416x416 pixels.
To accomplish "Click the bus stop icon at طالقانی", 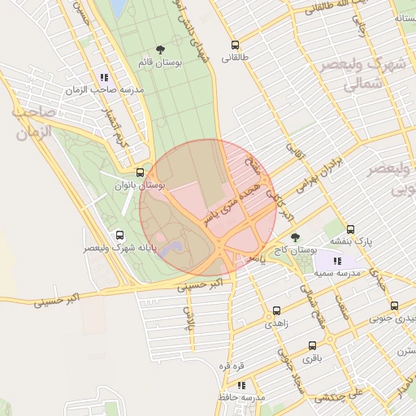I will (236, 45).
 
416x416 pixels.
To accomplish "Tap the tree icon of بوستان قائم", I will (159, 50).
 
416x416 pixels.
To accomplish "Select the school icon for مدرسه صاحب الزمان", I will (103, 77).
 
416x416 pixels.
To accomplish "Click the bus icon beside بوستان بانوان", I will (141, 172).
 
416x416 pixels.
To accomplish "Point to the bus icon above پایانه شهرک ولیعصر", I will (121, 234).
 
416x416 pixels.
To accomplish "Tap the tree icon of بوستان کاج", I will (295, 237).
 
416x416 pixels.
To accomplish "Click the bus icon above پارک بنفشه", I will (351, 229).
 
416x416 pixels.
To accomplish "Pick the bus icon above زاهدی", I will (277, 310).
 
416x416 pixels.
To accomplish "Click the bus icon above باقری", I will (312, 344).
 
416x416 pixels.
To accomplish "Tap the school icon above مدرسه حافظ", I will (240, 384).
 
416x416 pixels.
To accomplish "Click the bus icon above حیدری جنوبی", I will (394, 306).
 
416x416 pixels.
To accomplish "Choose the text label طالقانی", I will (236, 58).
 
